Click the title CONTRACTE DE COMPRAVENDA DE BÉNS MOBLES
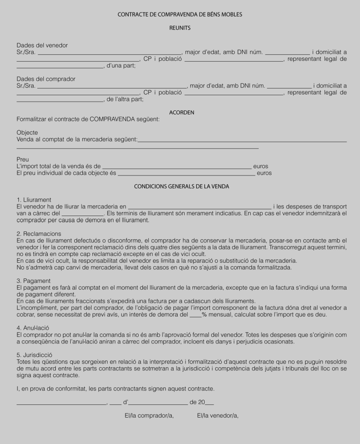[180, 15]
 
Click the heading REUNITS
[180, 28]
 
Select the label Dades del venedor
[42, 46]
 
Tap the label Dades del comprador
[46, 79]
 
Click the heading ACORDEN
[181, 113]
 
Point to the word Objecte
[27, 133]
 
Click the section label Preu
[23, 160]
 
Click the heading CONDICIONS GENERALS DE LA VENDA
[181, 186]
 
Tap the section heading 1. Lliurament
[34, 200]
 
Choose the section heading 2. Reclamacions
[39, 234]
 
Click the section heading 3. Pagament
[33, 281]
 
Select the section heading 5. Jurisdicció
[34, 355]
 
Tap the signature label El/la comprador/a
[149, 416]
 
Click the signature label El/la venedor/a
[218, 416]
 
